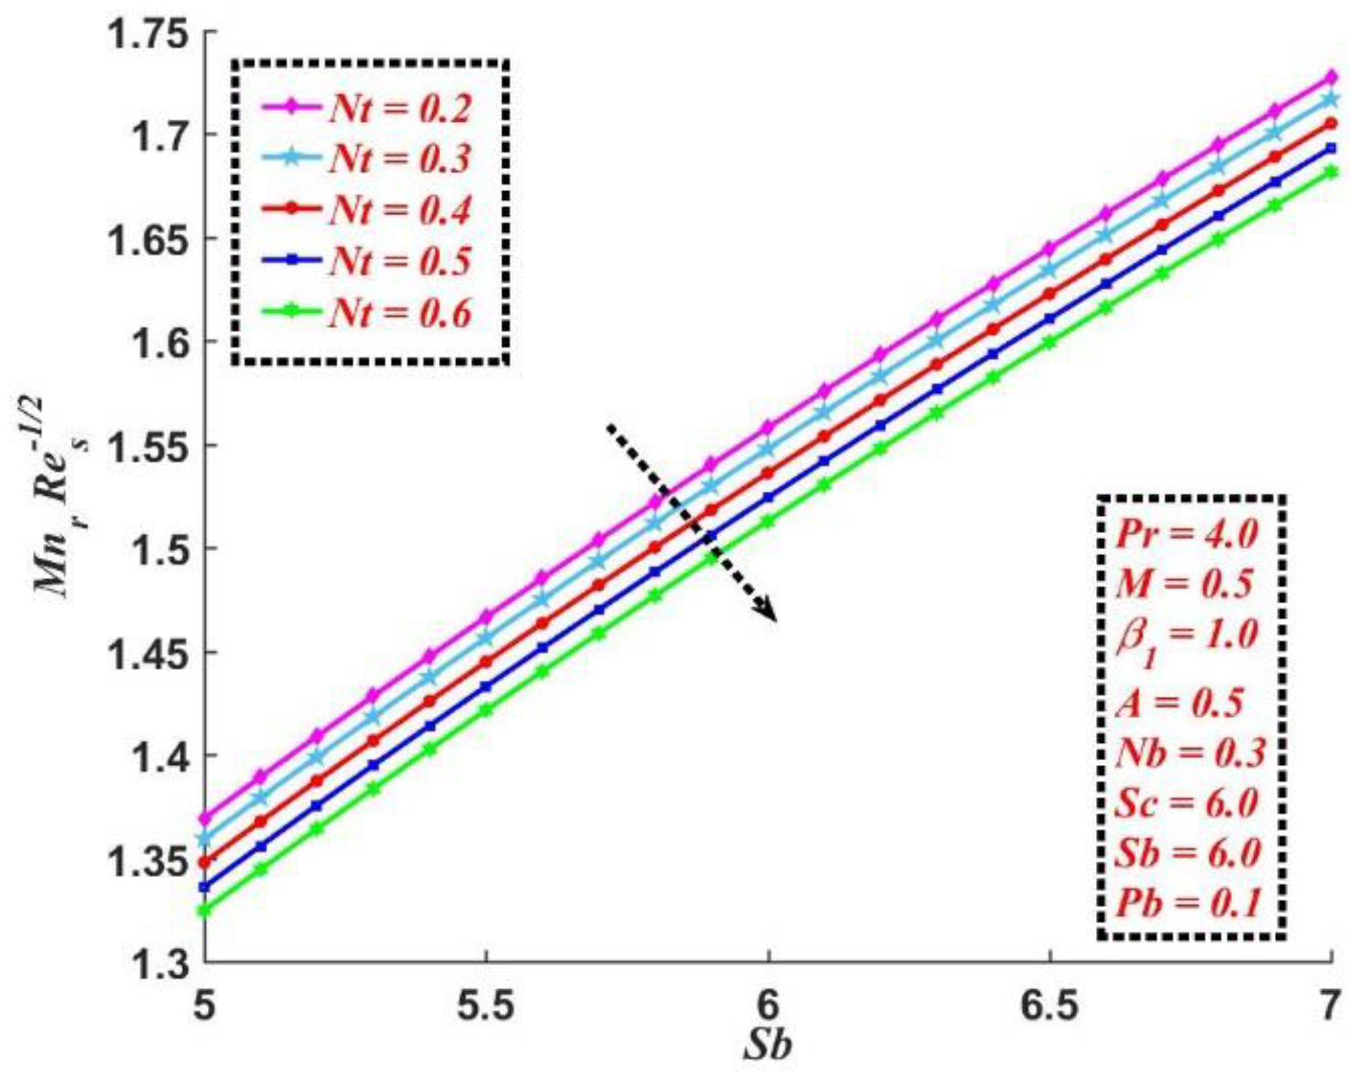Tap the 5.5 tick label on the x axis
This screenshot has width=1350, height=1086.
coord(486,1006)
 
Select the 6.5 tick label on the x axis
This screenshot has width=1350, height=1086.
coord(1049,1006)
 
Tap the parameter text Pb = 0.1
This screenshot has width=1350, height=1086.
coord(1188,903)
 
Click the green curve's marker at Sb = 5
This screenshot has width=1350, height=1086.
coord(204,911)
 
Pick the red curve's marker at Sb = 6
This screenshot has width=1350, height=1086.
coord(767,474)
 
